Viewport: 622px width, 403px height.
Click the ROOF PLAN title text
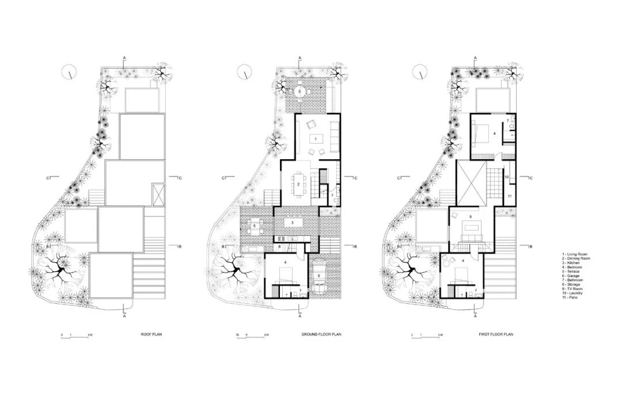coord(151,334)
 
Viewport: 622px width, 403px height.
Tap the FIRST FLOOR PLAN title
coord(495,334)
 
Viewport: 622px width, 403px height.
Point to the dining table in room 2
coord(298,185)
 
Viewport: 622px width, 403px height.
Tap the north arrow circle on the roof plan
coord(69,72)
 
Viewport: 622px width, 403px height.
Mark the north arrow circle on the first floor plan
coord(421,72)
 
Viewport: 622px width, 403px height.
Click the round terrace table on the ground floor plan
coord(299,91)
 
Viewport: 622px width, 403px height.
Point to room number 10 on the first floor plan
coord(506,178)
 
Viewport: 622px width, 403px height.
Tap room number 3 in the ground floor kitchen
coord(293,222)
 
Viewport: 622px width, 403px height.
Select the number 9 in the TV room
coord(471,217)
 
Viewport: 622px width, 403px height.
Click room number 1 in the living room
coord(314,138)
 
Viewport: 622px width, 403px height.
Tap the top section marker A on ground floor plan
coord(299,58)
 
